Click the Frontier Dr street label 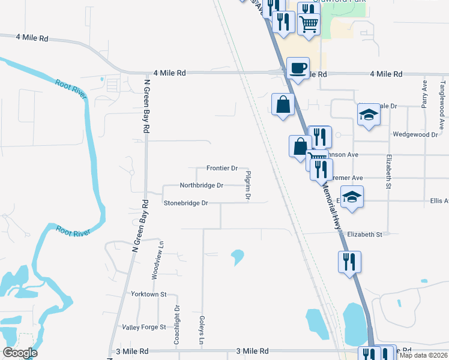[222, 168]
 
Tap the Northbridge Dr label [202, 185]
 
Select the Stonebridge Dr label [186, 203]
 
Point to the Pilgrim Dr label [248, 185]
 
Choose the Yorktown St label [149, 295]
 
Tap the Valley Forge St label [143, 327]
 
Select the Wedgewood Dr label [415, 135]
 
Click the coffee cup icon [298, 67]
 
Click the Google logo [20, 353]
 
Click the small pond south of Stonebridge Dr [238, 257]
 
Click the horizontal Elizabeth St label [364, 234]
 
